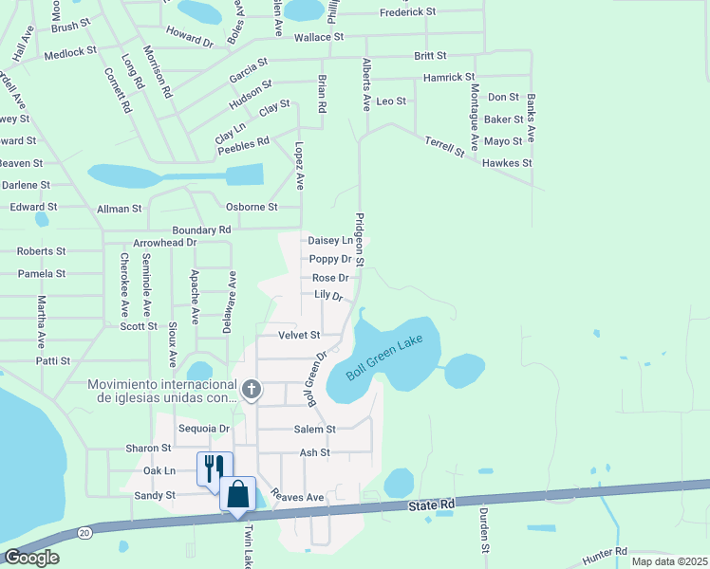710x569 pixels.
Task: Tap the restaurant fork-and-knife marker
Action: [214, 468]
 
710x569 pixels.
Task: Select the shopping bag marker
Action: [237, 493]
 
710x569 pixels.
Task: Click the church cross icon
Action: [252, 389]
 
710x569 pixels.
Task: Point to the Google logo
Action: [31, 558]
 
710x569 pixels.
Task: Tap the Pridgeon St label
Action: [360, 239]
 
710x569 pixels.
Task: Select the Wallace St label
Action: [318, 37]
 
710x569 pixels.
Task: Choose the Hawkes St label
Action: [507, 163]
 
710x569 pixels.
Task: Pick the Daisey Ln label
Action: [330, 241]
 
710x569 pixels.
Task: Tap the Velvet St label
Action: [299, 335]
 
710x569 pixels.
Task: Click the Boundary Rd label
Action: [201, 229]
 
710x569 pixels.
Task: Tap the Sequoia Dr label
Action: [204, 429]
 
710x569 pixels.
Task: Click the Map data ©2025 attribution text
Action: [669, 561]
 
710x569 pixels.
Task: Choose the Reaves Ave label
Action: [297, 496]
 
